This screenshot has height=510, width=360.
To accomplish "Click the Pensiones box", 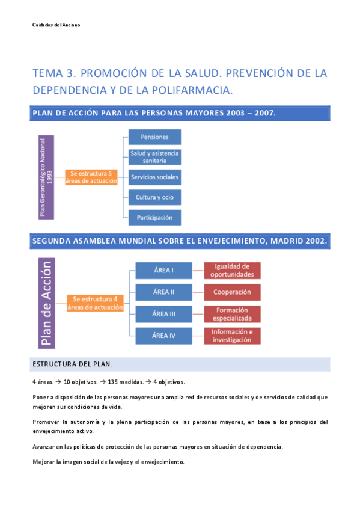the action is (x=154, y=137).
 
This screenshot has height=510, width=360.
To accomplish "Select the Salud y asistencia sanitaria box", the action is (x=154, y=157).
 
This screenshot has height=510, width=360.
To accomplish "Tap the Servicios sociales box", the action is (x=154, y=177).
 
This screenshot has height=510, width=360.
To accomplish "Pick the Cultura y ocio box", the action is (x=154, y=197).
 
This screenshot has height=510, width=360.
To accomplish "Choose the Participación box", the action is (x=154, y=217).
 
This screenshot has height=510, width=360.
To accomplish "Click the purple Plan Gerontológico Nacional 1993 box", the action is (x=46, y=176).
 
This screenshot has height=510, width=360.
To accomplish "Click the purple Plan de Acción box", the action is (x=46, y=303).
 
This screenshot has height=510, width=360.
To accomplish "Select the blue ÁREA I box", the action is (x=163, y=271).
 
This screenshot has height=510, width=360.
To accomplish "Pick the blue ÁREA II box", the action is (x=163, y=292).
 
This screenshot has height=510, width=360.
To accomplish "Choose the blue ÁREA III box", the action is (x=163, y=314).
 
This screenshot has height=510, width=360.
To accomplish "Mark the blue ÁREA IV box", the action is (x=163, y=336).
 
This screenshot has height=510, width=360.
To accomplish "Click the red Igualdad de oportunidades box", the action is (x=232, y=271).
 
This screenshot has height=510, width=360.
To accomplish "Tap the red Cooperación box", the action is (x=232, y=292).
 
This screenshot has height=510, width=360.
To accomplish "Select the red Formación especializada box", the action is (x=232, y=314).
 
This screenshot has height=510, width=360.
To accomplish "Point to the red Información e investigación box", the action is (x=232, y=336).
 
